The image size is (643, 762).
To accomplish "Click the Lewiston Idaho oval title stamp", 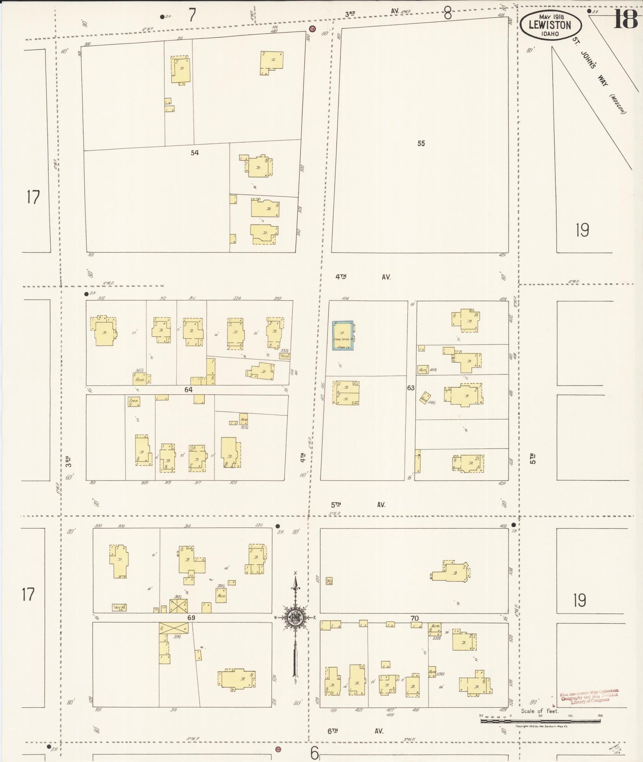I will click(550, 25).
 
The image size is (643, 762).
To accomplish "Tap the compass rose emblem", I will click(295, 617).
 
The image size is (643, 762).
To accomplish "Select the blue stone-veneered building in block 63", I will click(343, 335).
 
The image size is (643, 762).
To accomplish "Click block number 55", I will click(421, 144).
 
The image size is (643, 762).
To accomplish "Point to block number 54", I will click(194, 153).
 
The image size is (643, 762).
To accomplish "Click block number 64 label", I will click(188, 390).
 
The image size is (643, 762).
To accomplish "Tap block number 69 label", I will click(191, 618).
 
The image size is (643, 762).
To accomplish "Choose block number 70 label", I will click(414, 618).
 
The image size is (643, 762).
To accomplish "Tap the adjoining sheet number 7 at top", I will click(192, 16).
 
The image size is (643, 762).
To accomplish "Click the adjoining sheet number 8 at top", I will click(447, 14).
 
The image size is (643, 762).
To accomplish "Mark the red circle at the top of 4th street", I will click(312, 29).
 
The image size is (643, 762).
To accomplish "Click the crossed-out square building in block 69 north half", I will click(178, 606).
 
